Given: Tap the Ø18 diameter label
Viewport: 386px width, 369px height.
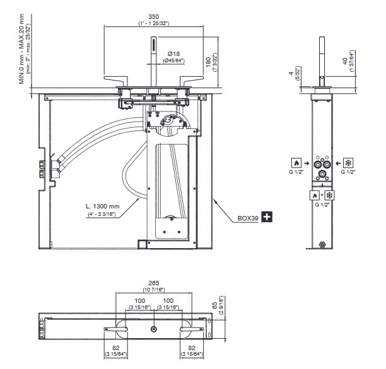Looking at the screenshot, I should point(173,54).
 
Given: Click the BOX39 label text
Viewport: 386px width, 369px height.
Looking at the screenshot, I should point(249,218).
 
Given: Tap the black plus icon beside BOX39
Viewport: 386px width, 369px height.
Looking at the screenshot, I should point(267,217).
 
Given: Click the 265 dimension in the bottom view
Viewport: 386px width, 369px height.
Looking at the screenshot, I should point(154,283).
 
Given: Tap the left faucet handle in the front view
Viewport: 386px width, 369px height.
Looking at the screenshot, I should point(118,83).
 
